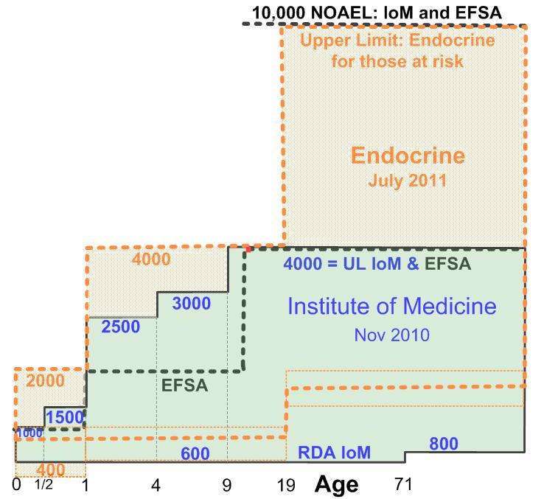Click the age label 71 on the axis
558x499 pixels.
[x=402, y=485]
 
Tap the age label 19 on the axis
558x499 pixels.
[x=286, y=485]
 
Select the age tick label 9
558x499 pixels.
[x=227, y=485]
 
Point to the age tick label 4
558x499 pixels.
[x=156, y=485]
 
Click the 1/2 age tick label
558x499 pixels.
[x=44, y=485]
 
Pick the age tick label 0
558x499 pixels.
[x=16, y=485]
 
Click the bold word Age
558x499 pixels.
[x=337, y=484]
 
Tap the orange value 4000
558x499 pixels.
[x=151, y=259]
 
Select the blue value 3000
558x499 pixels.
[x=191, y=304]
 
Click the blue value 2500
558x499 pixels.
[x=121, y=327]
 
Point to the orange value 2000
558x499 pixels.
[x=45, y=381]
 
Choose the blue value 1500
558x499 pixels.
[x=65, y=417]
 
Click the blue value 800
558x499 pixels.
[x=444, y=444]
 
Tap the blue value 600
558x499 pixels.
[x=195, y=454]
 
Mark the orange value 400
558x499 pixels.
[x=50, y=470]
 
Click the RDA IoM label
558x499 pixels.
[x=334, y=453]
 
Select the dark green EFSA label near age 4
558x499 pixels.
[x=184, y=385]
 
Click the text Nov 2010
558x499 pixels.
[x=391, y=335]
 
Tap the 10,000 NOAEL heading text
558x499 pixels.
[x=377, y=13]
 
